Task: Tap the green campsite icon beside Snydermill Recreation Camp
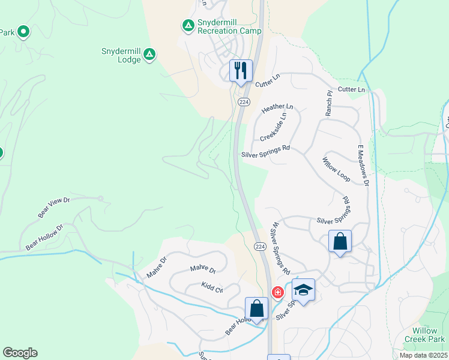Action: point(188,25)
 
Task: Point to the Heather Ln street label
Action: point(278,108)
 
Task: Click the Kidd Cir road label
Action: point(212,287)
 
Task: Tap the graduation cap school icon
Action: point(304,290)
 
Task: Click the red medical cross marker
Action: point(277,292)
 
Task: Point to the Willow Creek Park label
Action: point(429,335)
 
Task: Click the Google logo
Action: point(20,353)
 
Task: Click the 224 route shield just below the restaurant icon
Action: point(243,102)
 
